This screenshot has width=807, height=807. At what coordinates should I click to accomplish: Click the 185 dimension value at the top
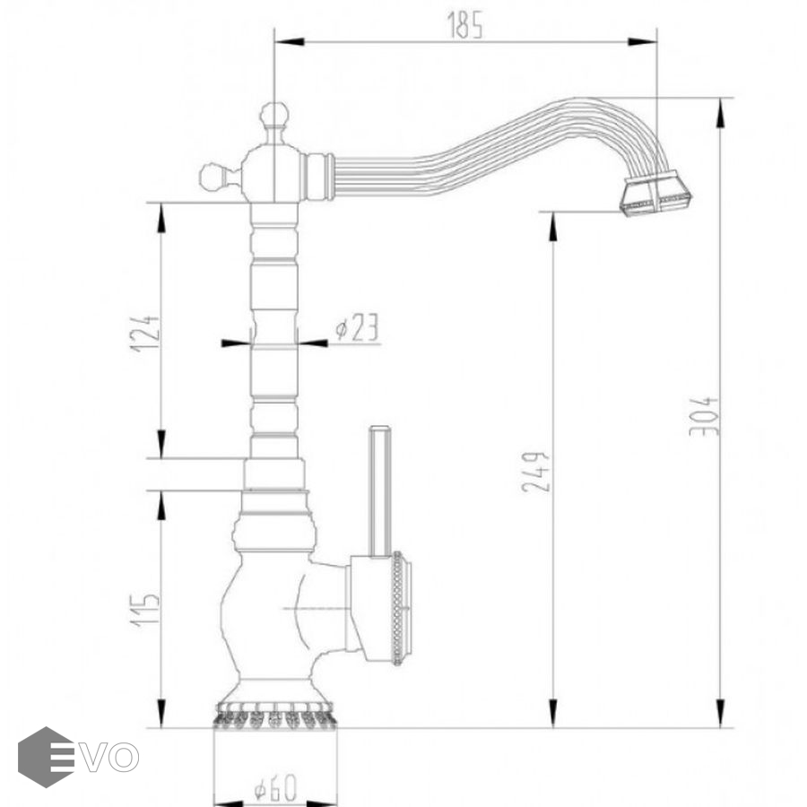point(464,26)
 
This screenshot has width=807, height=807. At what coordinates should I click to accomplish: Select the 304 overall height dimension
point(704,416)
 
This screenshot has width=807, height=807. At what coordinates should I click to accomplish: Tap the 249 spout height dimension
point(536,472)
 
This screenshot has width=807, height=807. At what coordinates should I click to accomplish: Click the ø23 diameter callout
point(357,327)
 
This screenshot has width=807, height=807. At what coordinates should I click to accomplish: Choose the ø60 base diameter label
point(275,787)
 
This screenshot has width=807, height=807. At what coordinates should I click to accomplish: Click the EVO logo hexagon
point(46,757)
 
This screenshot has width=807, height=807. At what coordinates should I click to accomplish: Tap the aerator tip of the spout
point(656,195)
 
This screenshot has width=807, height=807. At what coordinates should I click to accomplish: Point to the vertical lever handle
point(380,491)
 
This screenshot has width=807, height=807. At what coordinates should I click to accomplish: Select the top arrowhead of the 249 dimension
point(552,227)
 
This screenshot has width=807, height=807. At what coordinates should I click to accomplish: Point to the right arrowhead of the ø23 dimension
point(312,343)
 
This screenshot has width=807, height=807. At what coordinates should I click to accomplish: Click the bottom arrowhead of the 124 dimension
point(161,443)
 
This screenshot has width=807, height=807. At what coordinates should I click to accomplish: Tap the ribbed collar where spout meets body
point(318,177)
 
